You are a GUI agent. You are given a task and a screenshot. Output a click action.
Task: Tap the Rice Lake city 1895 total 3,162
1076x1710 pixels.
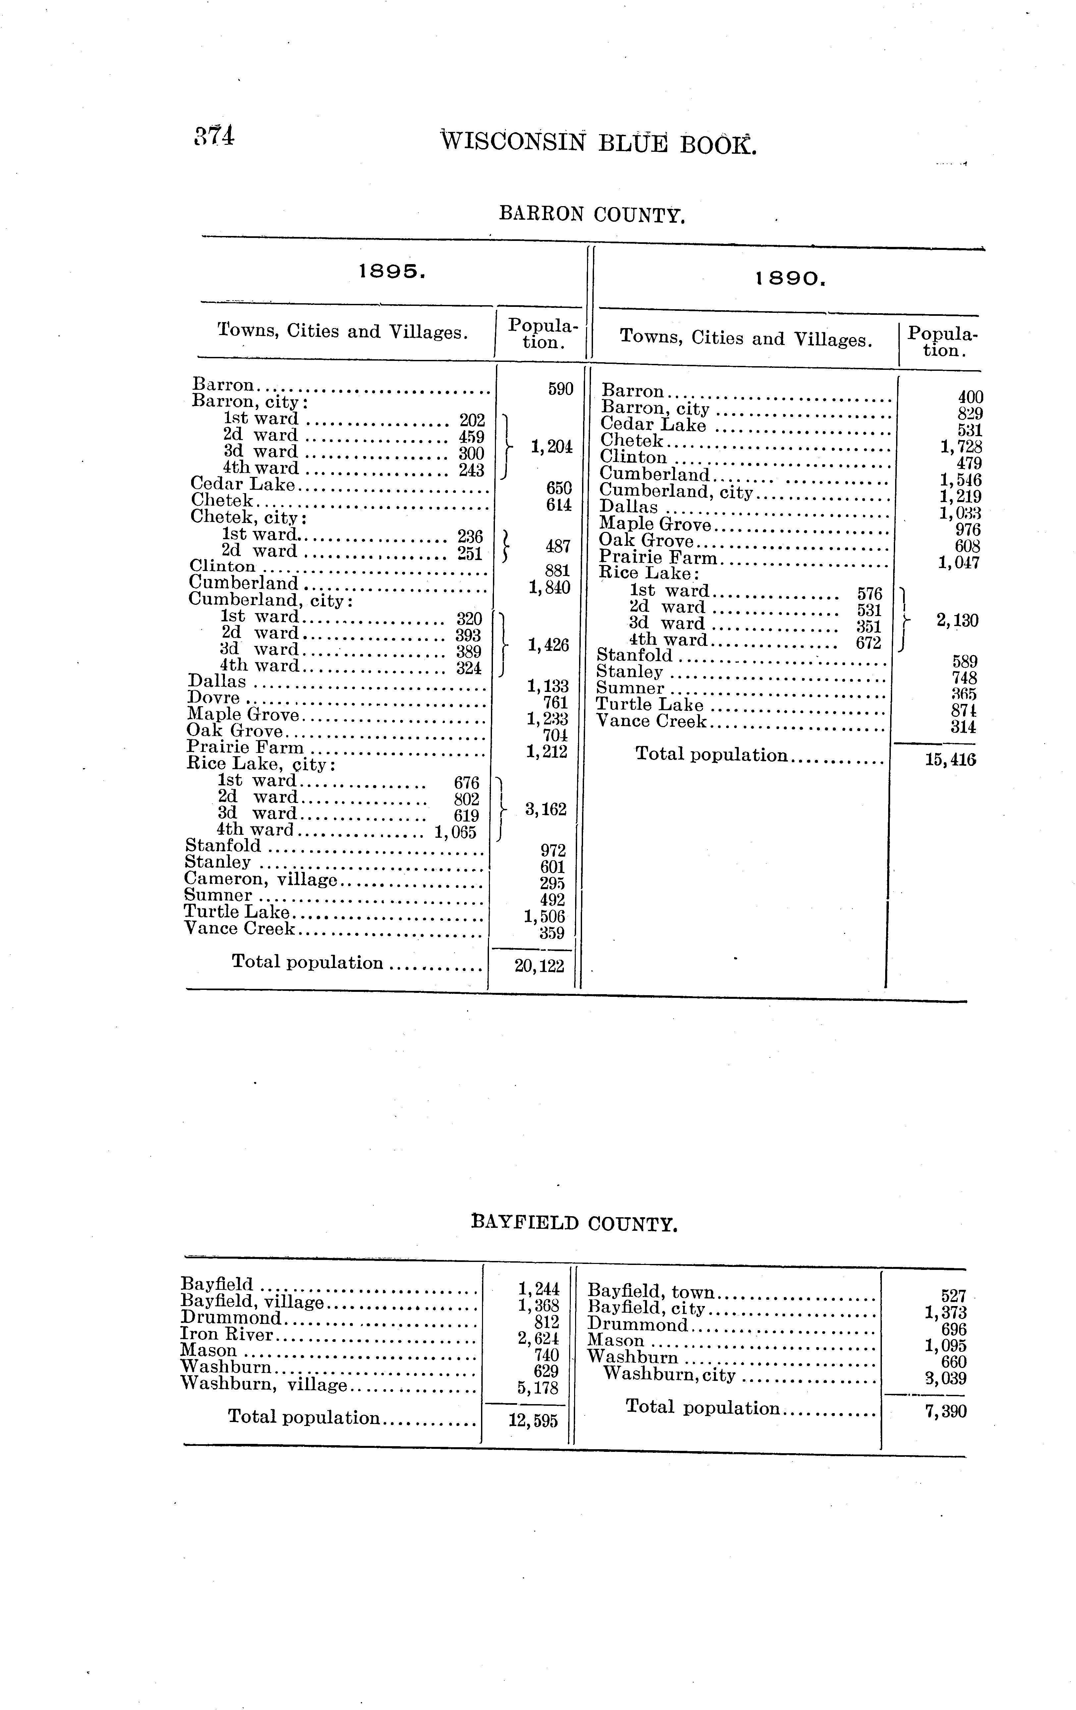[545, 809]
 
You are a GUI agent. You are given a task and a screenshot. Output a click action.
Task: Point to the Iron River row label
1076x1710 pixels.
[226, 1334]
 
